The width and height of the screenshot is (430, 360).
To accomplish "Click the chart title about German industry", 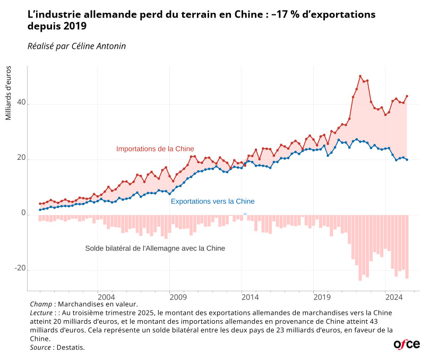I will pyautogui.click(x=202, y=20).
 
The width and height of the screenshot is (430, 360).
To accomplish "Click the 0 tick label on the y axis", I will pyautogui.click(x=23, y=213).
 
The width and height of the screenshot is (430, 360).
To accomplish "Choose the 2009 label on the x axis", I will pyautogui.click(x=177, y=296).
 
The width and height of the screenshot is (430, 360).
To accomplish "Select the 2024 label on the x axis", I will pyautogui.click(x=392, y=296).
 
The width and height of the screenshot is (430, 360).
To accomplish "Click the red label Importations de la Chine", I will pyautogui.click(x=155, y=149).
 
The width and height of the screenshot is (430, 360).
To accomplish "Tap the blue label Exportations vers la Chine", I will pyautogui.click(x=212, y=202).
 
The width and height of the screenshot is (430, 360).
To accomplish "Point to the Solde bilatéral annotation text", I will pyautogui.click(x=155, y=248).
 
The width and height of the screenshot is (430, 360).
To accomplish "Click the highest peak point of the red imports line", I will pyautogui.click(x=360, y=76).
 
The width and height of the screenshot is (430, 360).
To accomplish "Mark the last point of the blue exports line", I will pyautogui.click(x=407, y=159).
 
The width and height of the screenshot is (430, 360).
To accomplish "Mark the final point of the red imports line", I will pyautogui.click(x=407, y=96).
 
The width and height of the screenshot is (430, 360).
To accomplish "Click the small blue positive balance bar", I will pyautogui.click(x=245, y=213).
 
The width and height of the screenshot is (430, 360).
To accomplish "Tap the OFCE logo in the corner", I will pyautogui.click(x=407, y=344).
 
